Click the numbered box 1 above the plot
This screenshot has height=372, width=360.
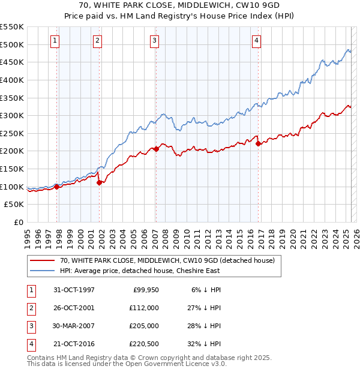[x=55, y=41]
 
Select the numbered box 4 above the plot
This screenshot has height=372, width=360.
[x=256, y=41]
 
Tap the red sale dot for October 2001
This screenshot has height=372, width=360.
[x=100, y=182]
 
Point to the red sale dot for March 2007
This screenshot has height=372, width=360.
[x=156, y=149]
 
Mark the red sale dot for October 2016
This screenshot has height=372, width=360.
[x=258, y=143]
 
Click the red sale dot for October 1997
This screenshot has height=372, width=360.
[x=57, y=187]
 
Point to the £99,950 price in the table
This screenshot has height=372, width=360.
[x=144, y=290]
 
